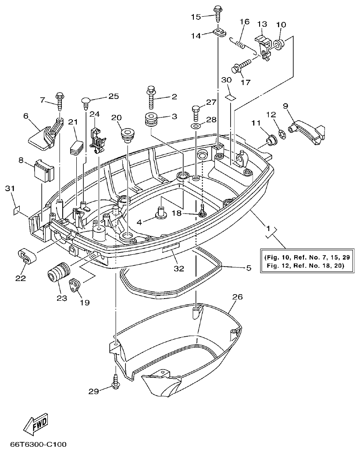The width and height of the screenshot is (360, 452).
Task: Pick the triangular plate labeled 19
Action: pyautogui.click(x=77, y=286)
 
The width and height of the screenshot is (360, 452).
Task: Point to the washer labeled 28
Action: pyautogui.click(x=196, y=126)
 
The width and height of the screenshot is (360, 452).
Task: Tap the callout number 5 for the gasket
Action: pyautogui.click(x=248, y=267)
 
